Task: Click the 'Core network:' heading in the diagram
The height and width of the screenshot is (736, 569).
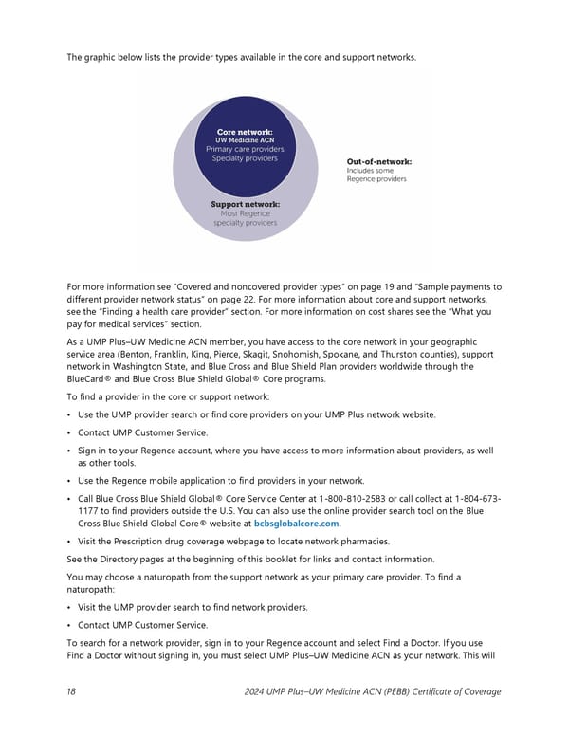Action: [245, 132]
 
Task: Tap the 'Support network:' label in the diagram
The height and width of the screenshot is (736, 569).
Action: [245, 204]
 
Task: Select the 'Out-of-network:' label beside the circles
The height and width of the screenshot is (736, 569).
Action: [379, 161]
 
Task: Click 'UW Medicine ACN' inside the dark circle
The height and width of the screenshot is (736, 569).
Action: [245, 140]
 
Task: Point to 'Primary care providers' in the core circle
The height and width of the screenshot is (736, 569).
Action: [245, 149]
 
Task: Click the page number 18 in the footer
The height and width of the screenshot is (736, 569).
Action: [71, 691]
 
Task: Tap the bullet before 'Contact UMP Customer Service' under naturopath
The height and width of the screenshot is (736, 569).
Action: [69, 627]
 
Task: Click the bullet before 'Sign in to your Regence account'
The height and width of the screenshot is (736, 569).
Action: [69, 451]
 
